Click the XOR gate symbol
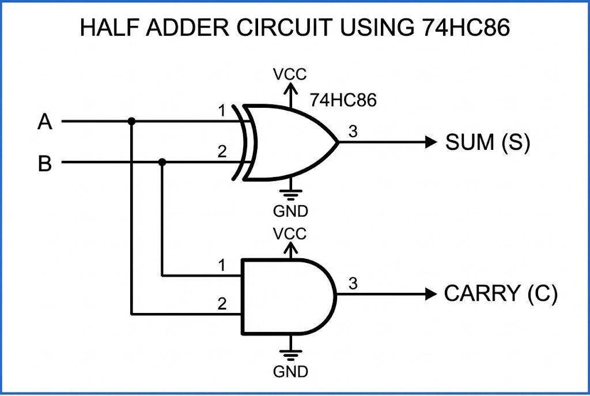pos(288,142)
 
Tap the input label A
pos(45,122)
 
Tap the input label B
pos(45,164)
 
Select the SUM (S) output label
pos(487,142)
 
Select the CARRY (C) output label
pos(500,294)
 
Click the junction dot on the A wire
pos(132,122)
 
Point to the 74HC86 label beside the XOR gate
pos(343,100)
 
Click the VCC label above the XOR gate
pos(290,74)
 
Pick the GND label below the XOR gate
pos(290,210)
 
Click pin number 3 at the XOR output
pos(353,131)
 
